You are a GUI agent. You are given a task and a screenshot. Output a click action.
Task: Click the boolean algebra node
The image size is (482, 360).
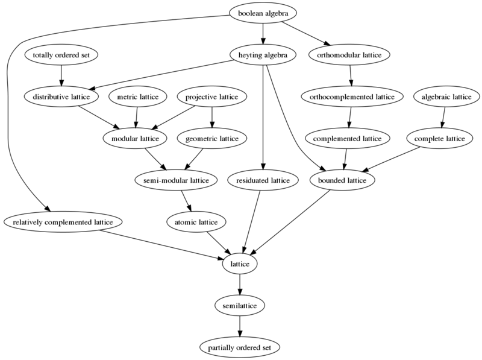point(263,13)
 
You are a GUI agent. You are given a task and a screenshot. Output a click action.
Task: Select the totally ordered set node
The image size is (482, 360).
point(61,55)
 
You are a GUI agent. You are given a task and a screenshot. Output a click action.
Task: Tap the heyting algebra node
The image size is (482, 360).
point(263,55)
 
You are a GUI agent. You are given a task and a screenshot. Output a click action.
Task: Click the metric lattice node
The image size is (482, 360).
point(138,96)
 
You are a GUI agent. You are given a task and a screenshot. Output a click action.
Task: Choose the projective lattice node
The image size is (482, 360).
point(212,96)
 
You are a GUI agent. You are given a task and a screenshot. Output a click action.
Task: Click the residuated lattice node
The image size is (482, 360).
point(263,180)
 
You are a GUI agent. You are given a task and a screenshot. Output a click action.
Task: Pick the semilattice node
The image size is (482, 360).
point(240,306)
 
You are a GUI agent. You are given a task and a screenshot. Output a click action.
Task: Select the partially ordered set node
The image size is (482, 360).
point(240,347)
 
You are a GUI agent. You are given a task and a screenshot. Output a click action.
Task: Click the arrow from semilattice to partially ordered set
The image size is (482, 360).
point(240,326)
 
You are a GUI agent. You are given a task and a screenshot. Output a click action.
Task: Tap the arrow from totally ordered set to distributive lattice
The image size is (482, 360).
point(61,75)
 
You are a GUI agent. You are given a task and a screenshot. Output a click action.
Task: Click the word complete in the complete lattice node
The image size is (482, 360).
point(428,139)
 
